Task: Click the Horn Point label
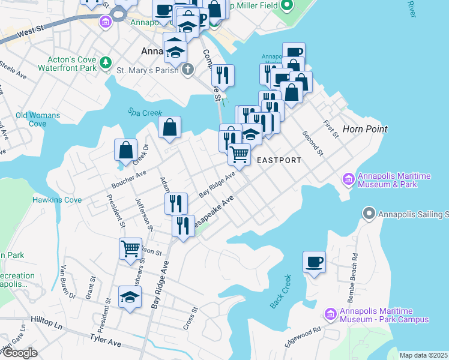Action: point(364,129)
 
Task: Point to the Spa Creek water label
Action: point(142,112)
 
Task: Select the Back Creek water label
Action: point(280,292)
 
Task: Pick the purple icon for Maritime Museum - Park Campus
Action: point(330,314)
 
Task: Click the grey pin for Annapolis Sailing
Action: point(369,214)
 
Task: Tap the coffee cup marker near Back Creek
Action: point(314,262)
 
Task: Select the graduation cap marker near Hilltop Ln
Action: point(130,297)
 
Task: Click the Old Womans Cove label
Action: point(38,119)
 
